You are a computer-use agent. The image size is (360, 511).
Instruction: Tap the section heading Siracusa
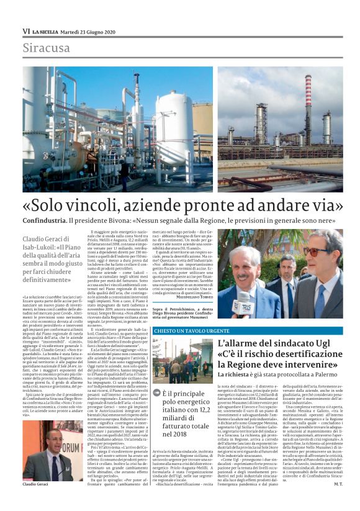tap(47, 48)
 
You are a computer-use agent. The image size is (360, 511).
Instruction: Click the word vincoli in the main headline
tap(120, 205)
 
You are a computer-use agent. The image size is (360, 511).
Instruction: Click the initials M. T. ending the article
tap(337, 501)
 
